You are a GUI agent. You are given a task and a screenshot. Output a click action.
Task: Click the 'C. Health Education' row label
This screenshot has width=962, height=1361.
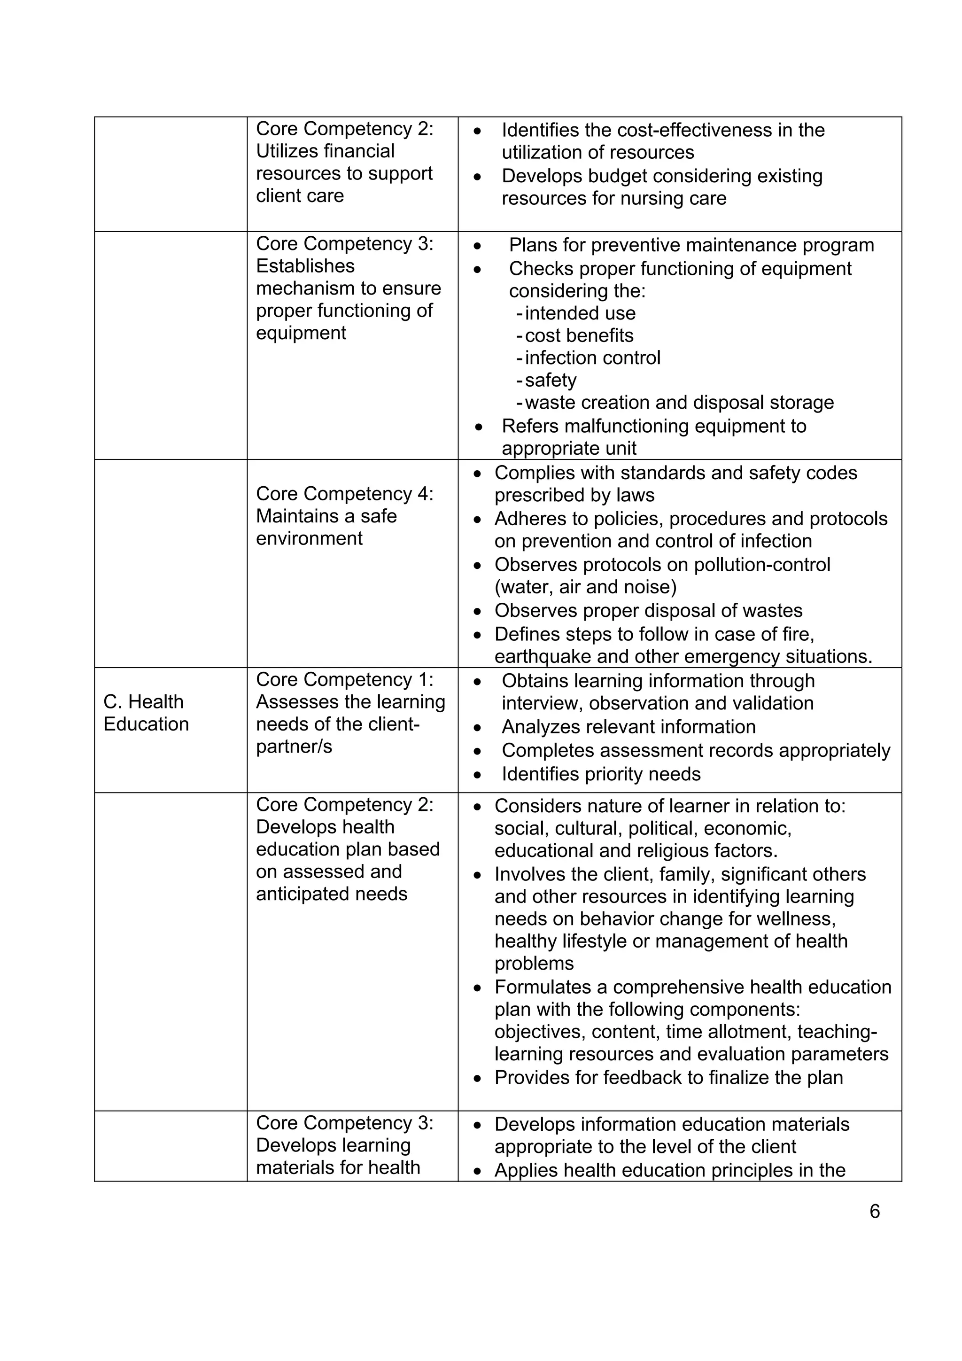pyautogui.click(x=146, y=713)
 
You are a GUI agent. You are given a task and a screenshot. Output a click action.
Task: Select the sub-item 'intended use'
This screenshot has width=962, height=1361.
pyautogui.click(x=580, y=313)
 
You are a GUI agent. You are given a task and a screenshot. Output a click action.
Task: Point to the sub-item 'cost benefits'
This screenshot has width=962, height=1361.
pyautogui.click(x=579, y=335)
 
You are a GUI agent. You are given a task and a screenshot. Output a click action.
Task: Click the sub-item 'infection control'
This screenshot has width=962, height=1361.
pyautogui.click(x=592, y=358)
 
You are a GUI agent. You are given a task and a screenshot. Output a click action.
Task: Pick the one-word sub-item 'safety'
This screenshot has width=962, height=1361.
pyautogui.click(x=550, y=380)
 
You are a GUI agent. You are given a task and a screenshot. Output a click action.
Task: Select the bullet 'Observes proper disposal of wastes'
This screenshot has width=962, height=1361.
pyautogui.click(x=648, y=611)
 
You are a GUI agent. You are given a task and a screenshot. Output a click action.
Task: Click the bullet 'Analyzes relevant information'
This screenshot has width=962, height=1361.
pyautogui.click(x=628, y=727)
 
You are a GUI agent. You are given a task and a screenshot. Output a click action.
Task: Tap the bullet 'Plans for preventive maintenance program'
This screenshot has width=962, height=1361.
pyautogui.click(x=691, y=245)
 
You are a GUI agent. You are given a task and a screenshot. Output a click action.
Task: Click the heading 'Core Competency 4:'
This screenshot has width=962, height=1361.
pyautogui.click(x=344, y=494)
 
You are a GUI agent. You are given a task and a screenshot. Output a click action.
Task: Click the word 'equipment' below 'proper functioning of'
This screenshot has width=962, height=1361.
pyautogui.click(x=301, y=333)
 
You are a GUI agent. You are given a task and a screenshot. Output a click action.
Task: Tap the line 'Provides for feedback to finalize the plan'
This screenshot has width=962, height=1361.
pyautogui.click(x=668, y=1077)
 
